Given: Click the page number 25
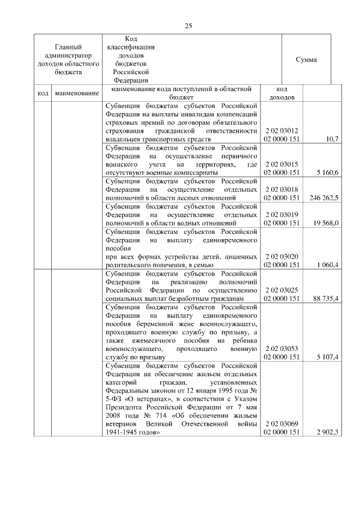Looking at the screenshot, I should pyautogui.click(x=189, y=25).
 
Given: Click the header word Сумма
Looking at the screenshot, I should pyautogui.click(x=306, y=60).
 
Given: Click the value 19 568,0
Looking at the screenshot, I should pyautogui.click(x=326, y=223).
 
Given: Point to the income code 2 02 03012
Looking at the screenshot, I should pyautogui.click(x=281, y=130).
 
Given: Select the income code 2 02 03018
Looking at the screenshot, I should pyautogui.click(x=281, y=190).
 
